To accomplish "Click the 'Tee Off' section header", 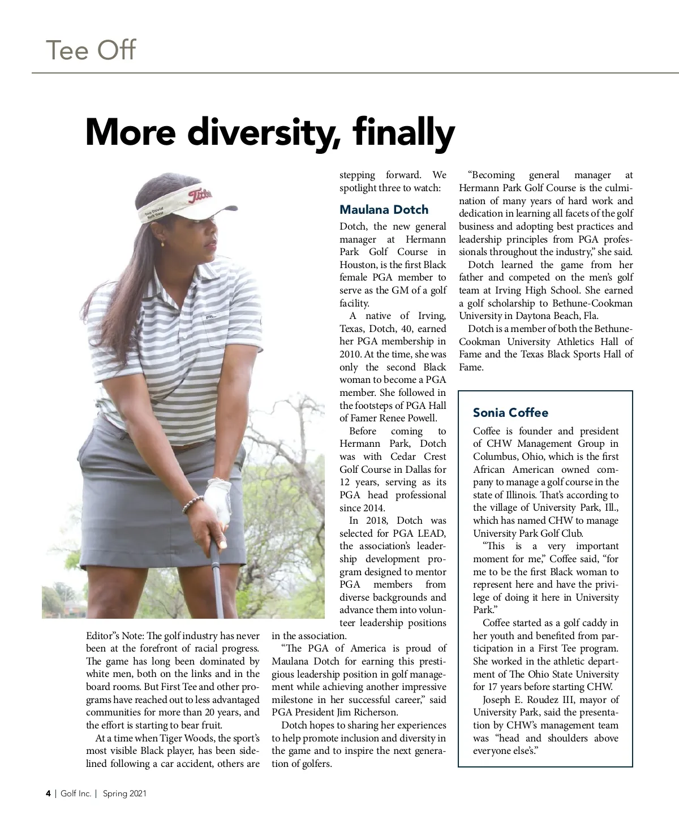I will [91, 50].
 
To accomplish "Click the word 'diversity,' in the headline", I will [264, 132].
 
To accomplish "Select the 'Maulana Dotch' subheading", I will [384, 210].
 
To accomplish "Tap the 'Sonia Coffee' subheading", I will [510, 413].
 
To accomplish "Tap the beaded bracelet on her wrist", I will [192, 504].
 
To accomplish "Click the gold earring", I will [162, 244].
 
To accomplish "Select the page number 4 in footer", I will [48, 794].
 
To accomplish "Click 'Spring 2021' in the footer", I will [124, 794].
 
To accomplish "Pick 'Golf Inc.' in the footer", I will [76, 794].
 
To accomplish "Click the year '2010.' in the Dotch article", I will [351, 355].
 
